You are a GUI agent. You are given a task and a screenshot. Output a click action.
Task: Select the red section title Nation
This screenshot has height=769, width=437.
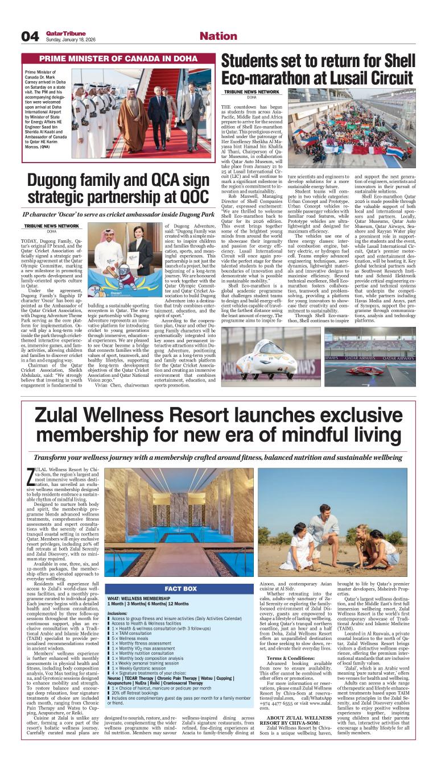click(218, 36)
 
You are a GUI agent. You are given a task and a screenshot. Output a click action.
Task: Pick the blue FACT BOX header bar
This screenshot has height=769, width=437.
click(180, 589)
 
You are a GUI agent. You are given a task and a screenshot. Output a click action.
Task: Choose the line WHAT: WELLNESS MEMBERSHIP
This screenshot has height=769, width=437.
click(138, 598)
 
